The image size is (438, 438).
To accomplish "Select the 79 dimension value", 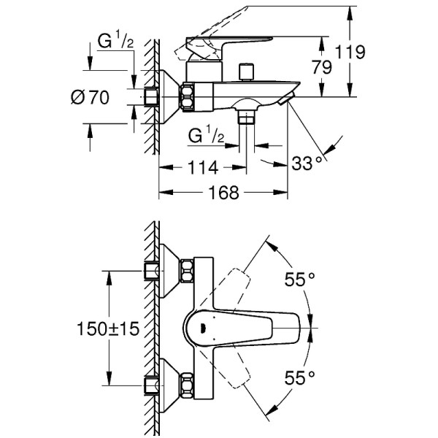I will [321, 67].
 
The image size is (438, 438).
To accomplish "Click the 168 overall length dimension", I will [224, 193].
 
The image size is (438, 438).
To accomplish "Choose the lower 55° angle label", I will [298, 377].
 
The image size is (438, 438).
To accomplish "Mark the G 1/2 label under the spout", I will [204, 136].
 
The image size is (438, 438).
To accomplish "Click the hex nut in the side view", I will [187, 96].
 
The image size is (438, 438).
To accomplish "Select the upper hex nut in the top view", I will [187, 272].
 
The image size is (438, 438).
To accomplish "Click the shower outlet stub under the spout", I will [249, 115].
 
